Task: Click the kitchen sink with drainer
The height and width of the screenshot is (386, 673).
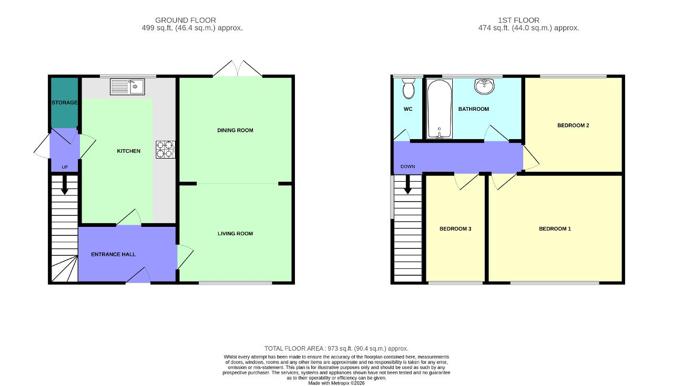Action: click(127, 87)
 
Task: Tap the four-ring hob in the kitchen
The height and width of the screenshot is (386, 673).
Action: click(166, 150)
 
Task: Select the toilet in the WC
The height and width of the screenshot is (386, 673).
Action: click(409, 88)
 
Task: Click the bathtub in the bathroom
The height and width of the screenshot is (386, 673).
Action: click(439, 109)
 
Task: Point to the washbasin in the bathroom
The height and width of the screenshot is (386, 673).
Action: click(484, 86)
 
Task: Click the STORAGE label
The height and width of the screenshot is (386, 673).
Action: click(65, 102)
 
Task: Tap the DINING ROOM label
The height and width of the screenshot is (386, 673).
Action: click(235, 130)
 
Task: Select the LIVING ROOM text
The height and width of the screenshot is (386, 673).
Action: click(235, 234)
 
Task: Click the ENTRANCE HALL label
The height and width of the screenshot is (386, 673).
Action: click(113, 255)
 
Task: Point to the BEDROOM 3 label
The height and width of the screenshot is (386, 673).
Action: click(455, 229)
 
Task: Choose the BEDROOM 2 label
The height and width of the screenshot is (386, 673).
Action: click(573, 126)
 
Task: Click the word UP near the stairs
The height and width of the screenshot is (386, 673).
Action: click(65, 167)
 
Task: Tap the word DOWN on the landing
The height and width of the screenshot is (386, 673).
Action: click(407, 166)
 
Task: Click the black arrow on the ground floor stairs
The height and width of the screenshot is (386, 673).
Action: click(65, 185)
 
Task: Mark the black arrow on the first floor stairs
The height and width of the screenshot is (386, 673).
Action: click(407, 184)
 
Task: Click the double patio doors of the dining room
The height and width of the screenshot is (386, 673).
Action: click(238, 68)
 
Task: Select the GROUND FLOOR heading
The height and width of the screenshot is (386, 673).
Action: click(186, 20)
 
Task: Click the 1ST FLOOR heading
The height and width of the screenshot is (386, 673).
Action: click(518, 20)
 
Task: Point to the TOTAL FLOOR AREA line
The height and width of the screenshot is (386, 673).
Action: click(336, 349)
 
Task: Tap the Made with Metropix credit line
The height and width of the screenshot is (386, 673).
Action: click(336, 383)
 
